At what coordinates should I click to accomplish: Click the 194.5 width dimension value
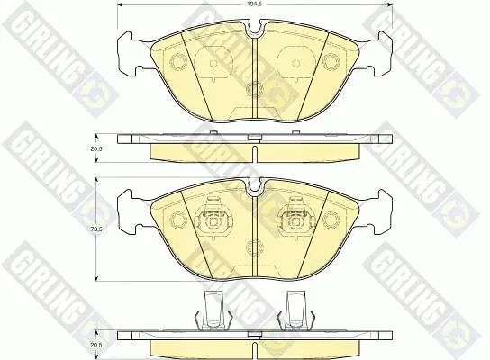coord(255,4)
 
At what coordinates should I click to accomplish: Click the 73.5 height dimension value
coord(91,229)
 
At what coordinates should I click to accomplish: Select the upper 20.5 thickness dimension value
coord(91,148)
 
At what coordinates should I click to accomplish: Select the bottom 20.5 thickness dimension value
coord(91,346)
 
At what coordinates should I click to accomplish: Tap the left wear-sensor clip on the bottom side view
coord(213,310)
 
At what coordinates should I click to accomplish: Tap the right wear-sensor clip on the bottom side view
coord(295,310)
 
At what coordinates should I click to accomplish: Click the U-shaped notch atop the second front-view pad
coord(255,185)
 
